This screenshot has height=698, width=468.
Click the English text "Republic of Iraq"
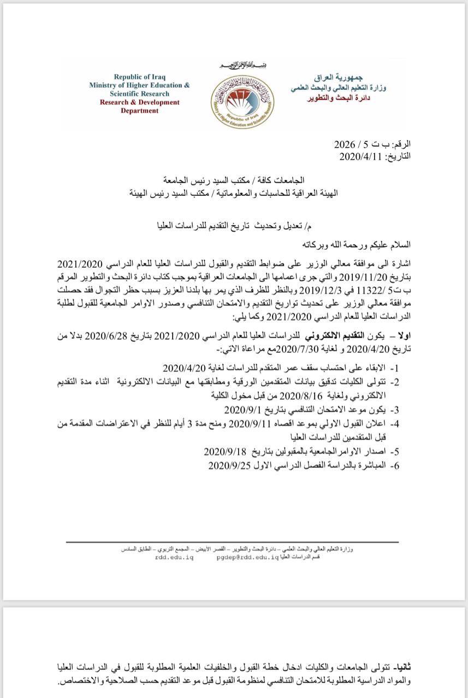click(x=139, y=76)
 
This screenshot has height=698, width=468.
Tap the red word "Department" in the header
click(x=140, y=111)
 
